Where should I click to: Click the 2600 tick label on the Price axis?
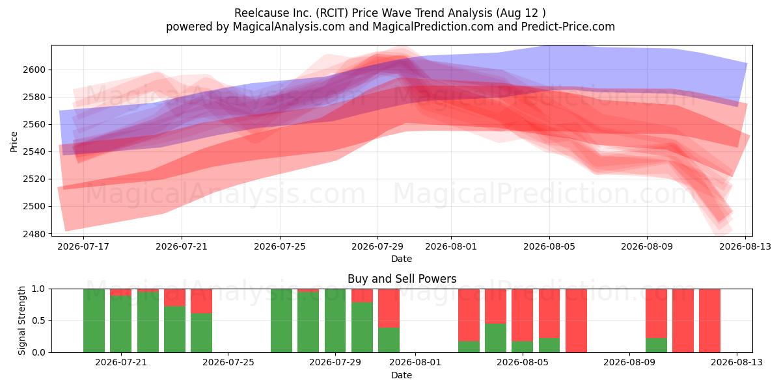coord(34,70)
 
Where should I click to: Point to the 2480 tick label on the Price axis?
coord(34,233)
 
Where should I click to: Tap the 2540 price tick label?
coord(34,152)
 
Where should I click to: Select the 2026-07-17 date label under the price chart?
coord(83,246)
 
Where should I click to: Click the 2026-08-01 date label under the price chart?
coord(451,246)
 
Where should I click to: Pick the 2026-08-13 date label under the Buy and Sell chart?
coord(737,363)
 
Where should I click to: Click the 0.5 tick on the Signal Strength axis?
coord(38,320)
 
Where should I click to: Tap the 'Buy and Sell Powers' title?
coord(402,279)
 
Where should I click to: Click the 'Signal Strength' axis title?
coord(21,320)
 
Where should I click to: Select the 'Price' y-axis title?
coord(14,142)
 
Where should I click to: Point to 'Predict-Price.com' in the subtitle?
coord(568,27)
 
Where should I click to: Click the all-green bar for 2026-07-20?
coord(94,320)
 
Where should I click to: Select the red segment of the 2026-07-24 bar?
coord(201,301)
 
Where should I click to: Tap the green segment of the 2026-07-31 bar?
coord(389,340)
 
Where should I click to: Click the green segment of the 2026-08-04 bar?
coord(495,338)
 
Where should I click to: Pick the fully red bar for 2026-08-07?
coord(576,320)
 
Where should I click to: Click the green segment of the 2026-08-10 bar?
coord(656,345)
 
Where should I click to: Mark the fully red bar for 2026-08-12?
coord(709,320)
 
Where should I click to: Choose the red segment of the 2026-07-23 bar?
coord(174,298)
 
